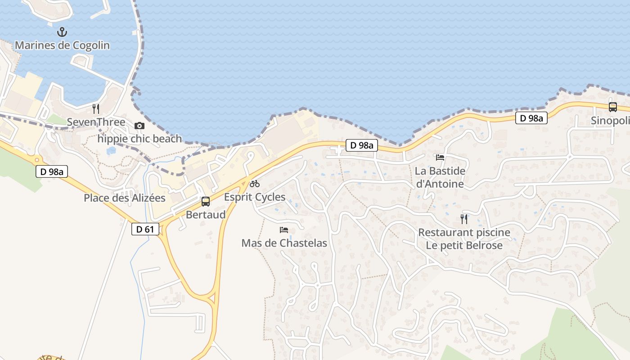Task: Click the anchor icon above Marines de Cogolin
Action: (62, 32)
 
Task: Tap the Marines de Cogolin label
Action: (62, 45)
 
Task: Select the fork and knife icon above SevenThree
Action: (95, 108)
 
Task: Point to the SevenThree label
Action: (96, 122)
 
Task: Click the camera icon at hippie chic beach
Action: (139, 126)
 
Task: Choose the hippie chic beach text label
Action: (139, 139)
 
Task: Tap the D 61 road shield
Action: (145, 229)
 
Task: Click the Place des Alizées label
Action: (125, 198)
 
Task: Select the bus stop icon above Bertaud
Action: (206, 201)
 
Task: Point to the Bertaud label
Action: (206, 215)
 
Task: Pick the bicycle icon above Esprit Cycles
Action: (255, 183)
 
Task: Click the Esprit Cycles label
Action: (255, 197)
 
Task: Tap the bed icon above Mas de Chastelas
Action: (284, 229)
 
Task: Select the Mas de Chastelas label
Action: (284, 243)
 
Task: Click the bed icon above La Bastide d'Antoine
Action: (440, 157)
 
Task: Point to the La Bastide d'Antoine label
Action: (440, 177)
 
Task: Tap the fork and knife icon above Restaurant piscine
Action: (464, 219)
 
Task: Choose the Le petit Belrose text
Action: (464, 246)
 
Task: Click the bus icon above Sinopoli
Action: (612, 107)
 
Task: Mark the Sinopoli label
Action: (610, 121)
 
